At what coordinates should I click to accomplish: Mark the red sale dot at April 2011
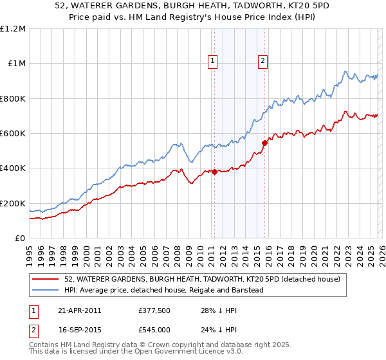pos(214,172)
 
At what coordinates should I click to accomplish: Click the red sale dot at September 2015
pos(264,143)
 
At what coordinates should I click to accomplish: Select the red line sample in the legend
pos(46,279)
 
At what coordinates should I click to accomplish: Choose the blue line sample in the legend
pos(46,290)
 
